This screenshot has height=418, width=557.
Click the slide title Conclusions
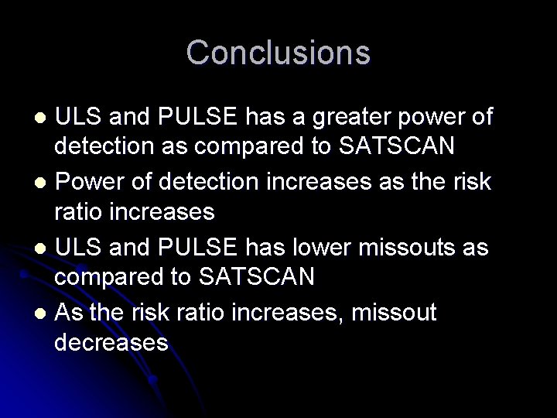(x=278, y=53)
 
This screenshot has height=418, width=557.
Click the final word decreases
(x=111, y=341)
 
